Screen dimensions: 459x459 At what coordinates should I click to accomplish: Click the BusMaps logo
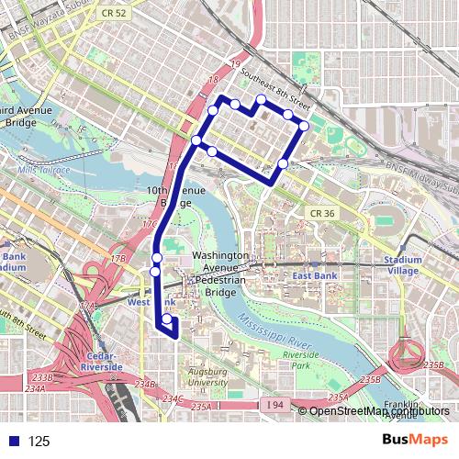pos(416,440)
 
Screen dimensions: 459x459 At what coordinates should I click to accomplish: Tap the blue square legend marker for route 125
pos(11,441)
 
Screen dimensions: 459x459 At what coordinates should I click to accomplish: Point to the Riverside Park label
pos(300,359)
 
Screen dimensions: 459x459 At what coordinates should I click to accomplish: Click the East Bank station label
pos(315,275)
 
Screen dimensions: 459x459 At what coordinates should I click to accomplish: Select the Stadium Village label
pos(403,265)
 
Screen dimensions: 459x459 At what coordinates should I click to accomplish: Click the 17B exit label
pos(118,259)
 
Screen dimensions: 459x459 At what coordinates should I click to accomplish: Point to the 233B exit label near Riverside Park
pos(370,379)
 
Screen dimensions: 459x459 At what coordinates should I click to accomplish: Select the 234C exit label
pos(173,398)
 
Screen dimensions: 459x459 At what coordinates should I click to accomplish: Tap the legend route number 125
pos(39,442)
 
